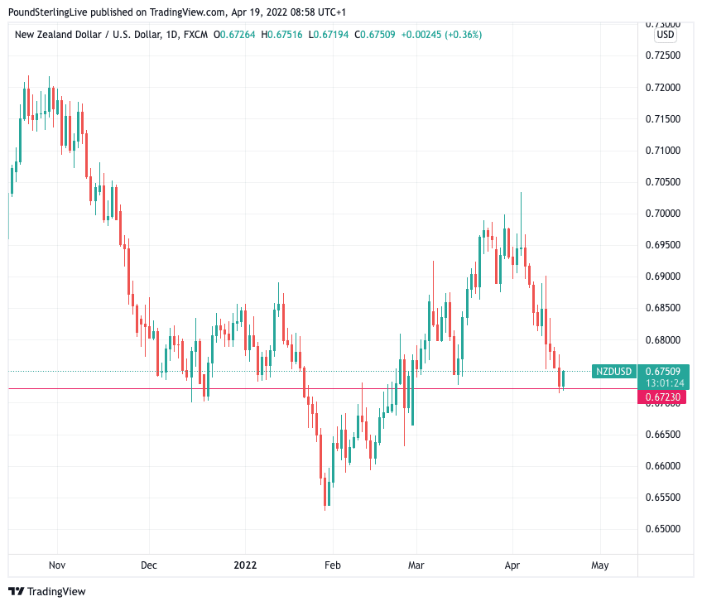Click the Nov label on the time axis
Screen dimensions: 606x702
(x=57, y=565)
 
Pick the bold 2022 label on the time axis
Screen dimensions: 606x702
(x=245, y=565)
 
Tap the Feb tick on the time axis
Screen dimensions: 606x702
(x=332, y=565)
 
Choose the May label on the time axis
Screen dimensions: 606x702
(x=600, y=565)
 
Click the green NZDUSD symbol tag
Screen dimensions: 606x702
(x=614, y=372)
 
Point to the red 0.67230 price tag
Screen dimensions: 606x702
(x=663, y=398)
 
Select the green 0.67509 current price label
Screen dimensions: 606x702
(x=663, y=372)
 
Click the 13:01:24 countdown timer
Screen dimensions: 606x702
(x=663, y=383)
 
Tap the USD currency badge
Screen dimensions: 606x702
(x=665, y=36)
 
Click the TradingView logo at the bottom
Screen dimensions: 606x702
(x=47, y=592)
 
